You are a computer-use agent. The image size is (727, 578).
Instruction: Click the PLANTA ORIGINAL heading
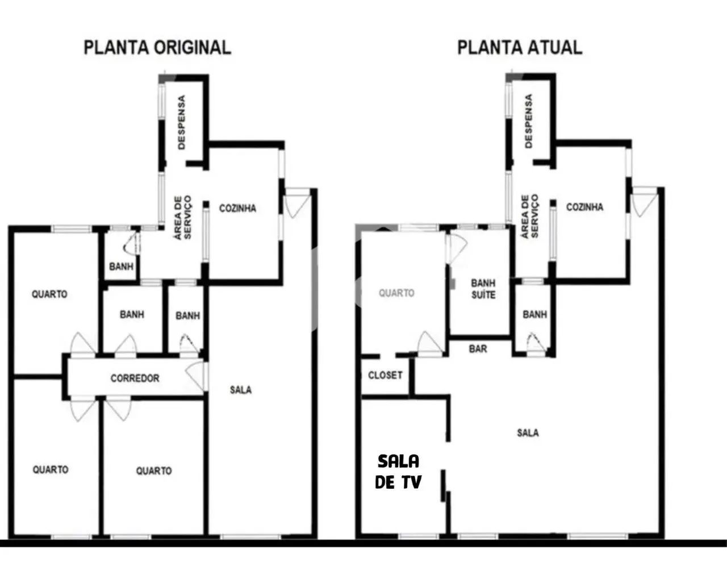click(x=157, y=47)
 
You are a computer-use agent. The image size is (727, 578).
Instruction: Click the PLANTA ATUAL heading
click(x=520, y=47)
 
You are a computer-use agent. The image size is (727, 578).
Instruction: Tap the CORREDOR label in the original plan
click(x=135, y=378)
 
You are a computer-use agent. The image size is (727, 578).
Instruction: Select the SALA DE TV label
click(x=399, y=471)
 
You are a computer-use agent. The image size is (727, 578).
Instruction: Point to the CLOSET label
click(x=385, y=375)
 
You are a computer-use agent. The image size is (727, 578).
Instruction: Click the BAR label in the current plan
click(x=478, y=348)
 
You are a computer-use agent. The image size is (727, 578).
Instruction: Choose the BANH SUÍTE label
click(x=483, y=289)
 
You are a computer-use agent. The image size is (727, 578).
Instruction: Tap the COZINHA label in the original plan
click(x=237, y=208)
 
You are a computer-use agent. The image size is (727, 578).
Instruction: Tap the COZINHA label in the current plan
click(x=584, y=207)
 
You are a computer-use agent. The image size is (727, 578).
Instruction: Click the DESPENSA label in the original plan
click(x=182, y=122)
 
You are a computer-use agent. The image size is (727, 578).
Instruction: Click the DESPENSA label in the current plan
click(x=529, y=120)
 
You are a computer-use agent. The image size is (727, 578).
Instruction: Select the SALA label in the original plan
click(x=241, y=390)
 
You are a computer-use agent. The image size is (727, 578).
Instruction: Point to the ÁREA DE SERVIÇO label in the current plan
click(x=529, y=216)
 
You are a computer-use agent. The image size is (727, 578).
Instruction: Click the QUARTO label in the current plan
click(x=396, y=293)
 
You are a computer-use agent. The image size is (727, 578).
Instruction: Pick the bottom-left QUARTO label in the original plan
click(x=50, y=469)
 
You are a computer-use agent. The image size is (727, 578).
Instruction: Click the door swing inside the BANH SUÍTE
click(x=457, y=247)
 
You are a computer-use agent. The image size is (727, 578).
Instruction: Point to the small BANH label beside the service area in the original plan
click(x=121, y=265)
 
